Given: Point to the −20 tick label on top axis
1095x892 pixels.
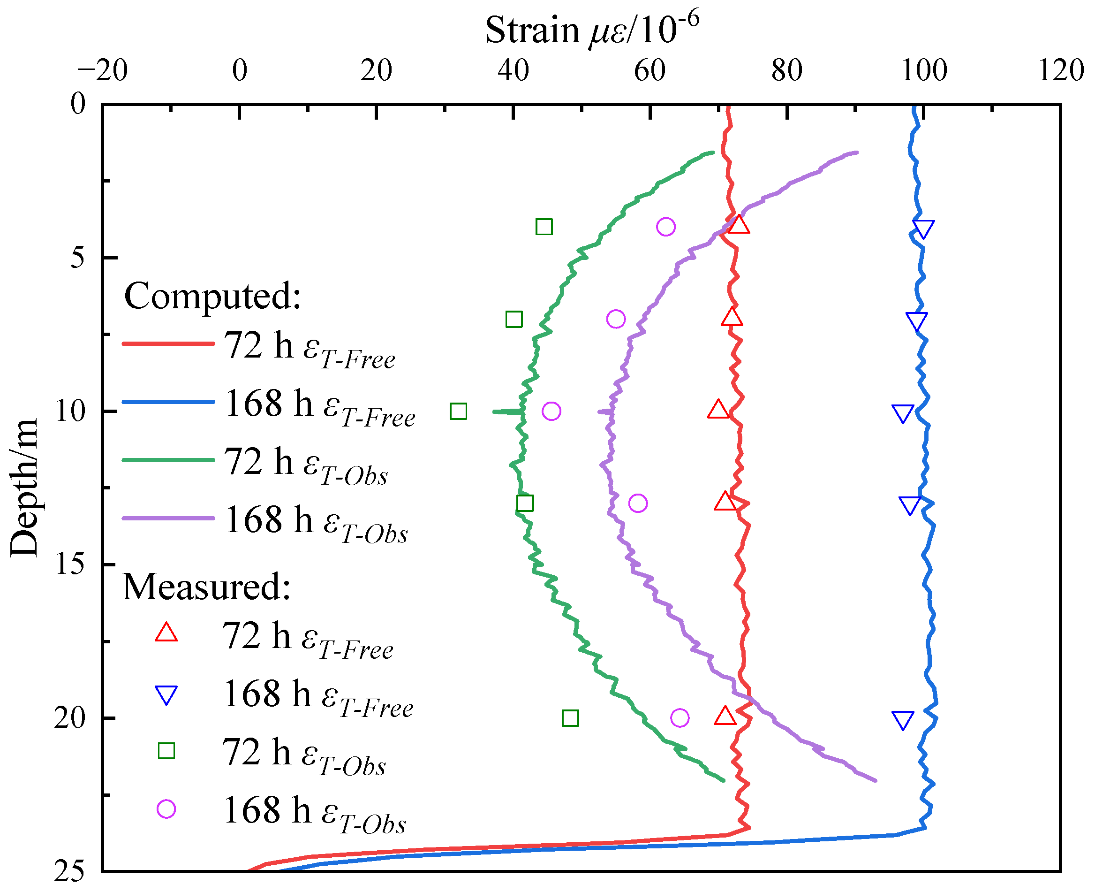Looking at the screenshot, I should pos(102,71).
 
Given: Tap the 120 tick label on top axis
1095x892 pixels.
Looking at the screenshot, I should pos(1061,71).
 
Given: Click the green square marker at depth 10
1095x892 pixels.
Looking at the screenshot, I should pos(458,411).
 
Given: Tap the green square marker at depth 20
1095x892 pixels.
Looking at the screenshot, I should pos(570,718).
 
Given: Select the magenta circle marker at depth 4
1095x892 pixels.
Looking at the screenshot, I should pos(665,227).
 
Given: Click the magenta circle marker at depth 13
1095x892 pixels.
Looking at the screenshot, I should pos(638,503).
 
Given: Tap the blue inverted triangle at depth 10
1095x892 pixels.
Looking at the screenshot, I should pos(903,413).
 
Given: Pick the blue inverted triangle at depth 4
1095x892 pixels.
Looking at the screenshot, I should pos(923,229).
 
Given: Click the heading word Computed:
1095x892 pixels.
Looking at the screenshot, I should pos(212,297).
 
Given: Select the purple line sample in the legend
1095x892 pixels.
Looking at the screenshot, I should pos(168,518).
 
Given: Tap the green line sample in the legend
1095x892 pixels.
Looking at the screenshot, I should pos(168,460).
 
